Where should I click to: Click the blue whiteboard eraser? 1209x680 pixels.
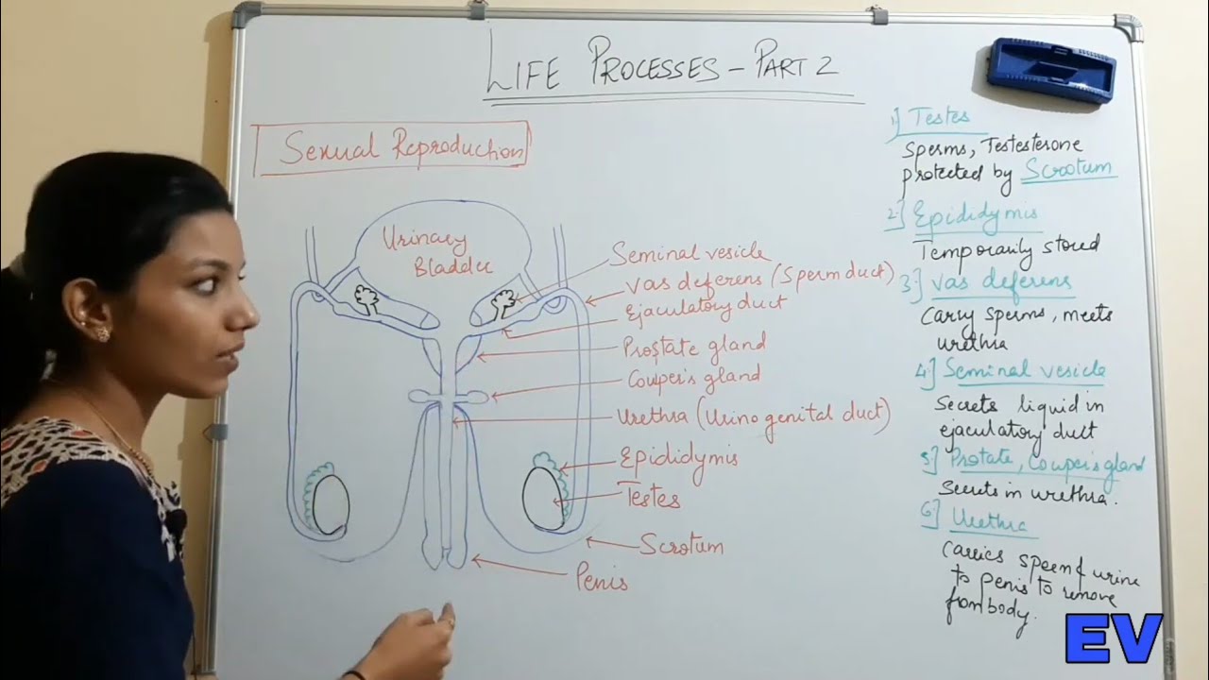tap(1052, 70)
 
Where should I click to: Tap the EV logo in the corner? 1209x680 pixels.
tap(1114, 637)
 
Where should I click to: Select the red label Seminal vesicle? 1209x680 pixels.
tap(690, 253)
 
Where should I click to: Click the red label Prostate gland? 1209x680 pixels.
tap(693, 347)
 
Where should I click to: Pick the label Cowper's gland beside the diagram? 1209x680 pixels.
tap(693, 378)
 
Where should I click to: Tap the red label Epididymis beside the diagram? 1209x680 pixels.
tap(677, 459)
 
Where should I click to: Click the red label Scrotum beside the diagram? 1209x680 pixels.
tap(681, 545)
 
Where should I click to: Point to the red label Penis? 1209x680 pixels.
tap(602, 579)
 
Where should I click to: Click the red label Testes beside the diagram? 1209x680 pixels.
tap(649, 496)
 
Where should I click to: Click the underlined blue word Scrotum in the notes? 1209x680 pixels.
tap(1067, 170)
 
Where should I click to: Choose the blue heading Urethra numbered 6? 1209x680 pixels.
tap(987, 520)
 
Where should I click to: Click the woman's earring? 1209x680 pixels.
tap(100, 333)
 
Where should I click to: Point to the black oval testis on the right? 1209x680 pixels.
tap(543, 498)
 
